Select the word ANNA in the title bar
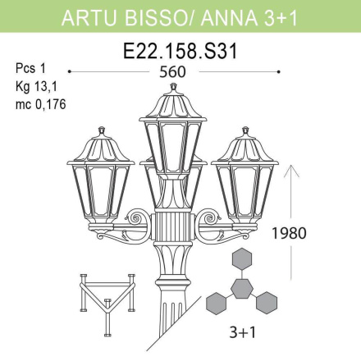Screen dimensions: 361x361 234,16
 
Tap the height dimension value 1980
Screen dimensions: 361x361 290,232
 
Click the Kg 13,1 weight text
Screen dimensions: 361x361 35,86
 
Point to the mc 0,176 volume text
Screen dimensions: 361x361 40,103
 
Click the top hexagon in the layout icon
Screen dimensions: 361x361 242,259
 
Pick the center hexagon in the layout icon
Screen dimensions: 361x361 242,287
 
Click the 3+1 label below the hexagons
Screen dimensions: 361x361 242,335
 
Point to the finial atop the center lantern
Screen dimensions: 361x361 172,86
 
